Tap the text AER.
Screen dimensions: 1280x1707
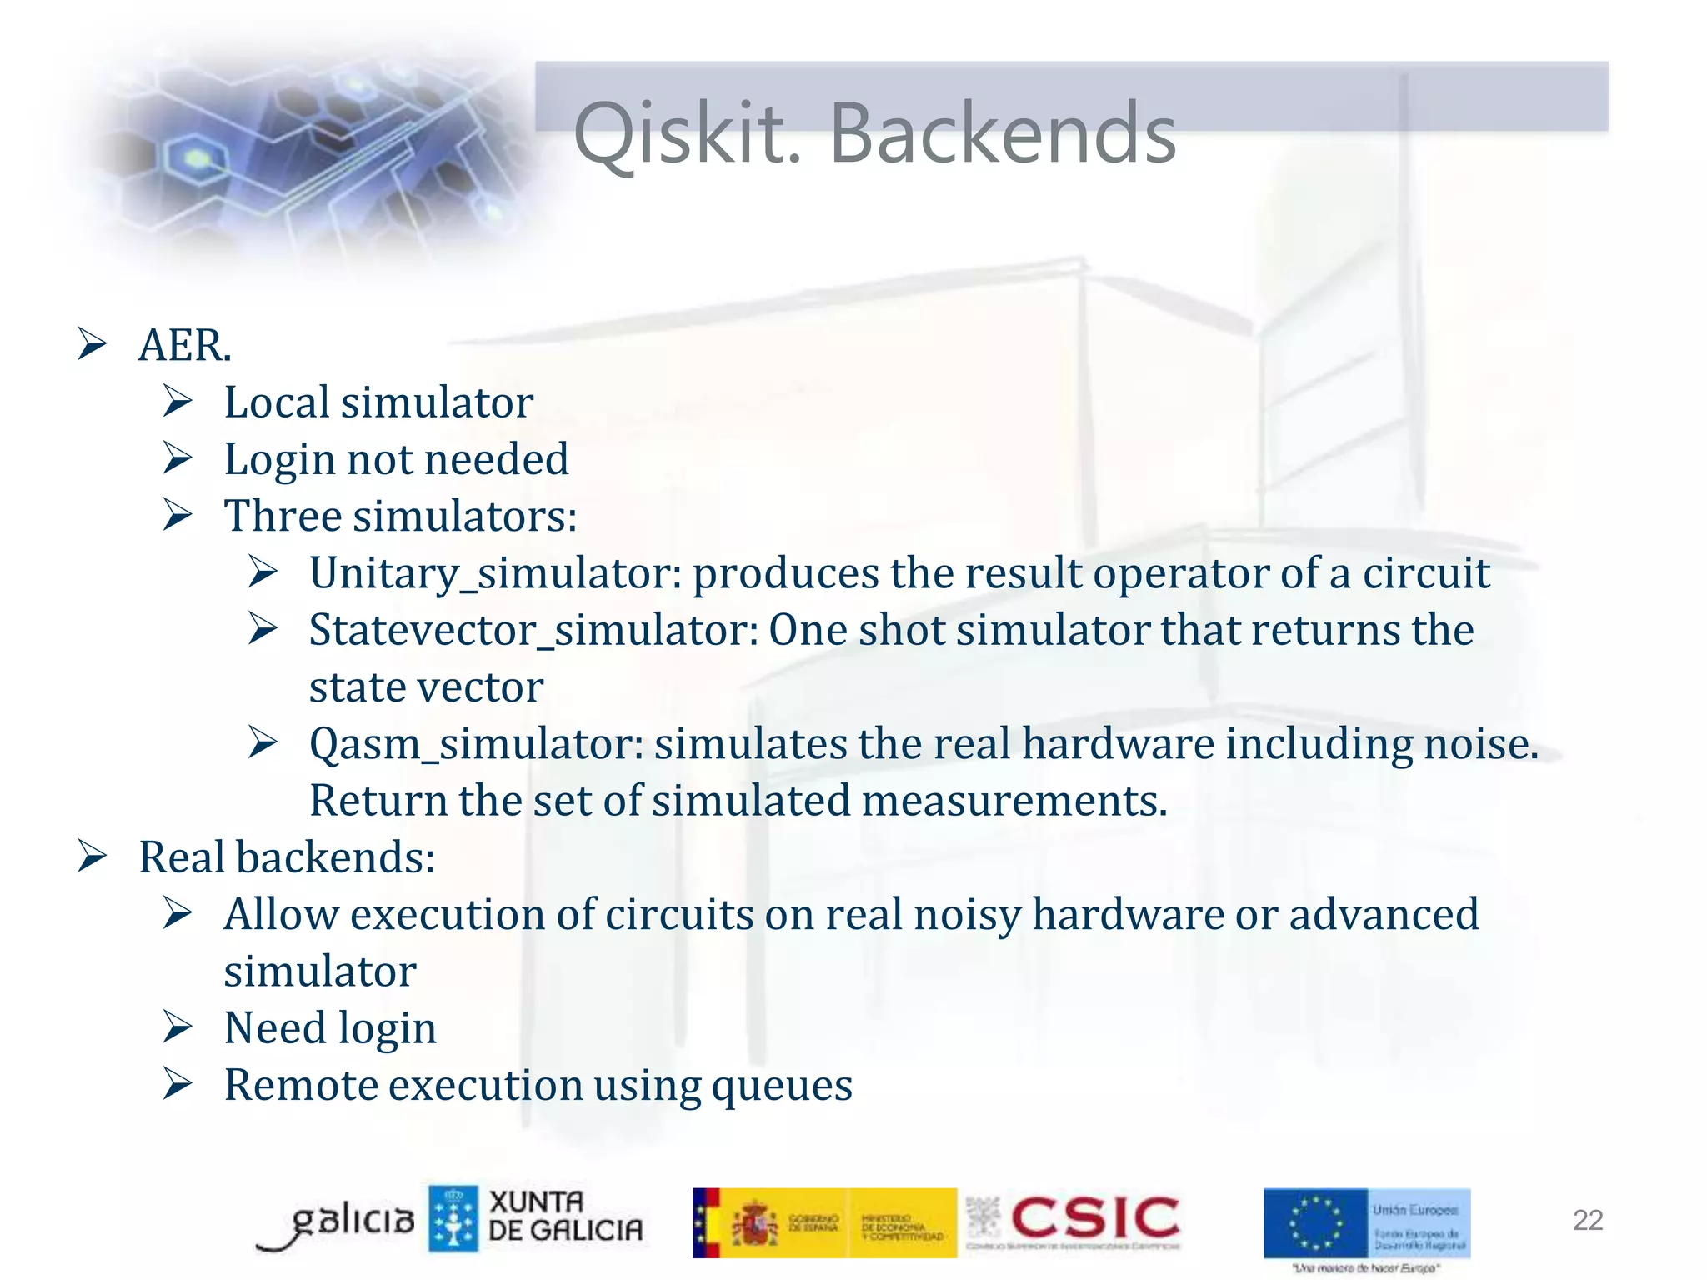pyautogui.click(x=184, y=345)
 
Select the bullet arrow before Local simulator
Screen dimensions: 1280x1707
pyautogui.click(x=178, y=402)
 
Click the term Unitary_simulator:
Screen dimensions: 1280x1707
pyautogui.click(x=496, y=574)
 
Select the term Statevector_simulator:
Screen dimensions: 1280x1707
pyautogui.click(x=533, y=631)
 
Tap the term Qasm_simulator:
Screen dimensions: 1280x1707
pyautogui.click(x=476, y=744)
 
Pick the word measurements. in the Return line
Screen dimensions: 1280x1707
pyautogui.click(x=1014, y=801)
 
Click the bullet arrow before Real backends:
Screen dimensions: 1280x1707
pyautogui.click(x=92, y=857)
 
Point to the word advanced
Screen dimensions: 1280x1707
pyautogui.click(x=1384, y=915)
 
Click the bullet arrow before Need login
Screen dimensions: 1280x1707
pyautogui.click(x=178, y=1027)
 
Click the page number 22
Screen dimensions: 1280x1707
pyautogui.click(x=1587, y=1220)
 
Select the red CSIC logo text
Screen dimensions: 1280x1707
pyautogui.click(x=1095, y=1217)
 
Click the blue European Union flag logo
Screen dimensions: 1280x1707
pyautogui.click(x=1316, y=1222)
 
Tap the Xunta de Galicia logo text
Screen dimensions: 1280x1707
pyautogui.click(x=565, y=1217)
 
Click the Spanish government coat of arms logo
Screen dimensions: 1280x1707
pyautogui.click(x=755, y=1223)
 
